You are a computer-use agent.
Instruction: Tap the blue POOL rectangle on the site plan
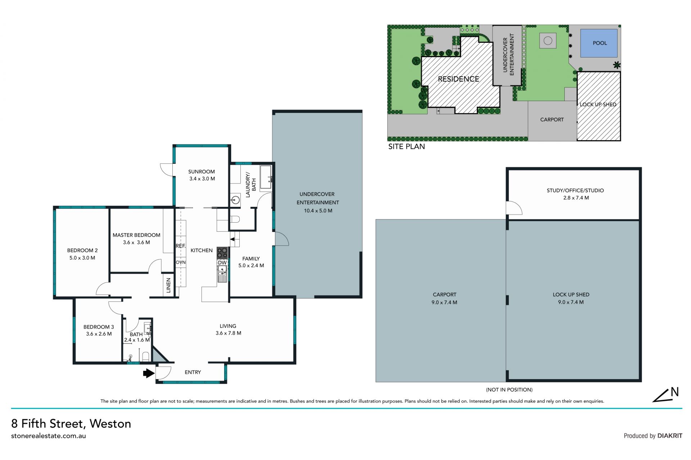click(x=599, y=43)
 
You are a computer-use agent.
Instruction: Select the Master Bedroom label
click(x=136, y=235)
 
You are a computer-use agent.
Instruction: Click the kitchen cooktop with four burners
click(x=222, y=253)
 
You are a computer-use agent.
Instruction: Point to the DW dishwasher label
click(x=222, y=263)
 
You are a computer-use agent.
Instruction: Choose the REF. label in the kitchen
click(x=181, y=246)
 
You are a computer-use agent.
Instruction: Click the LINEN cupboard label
click(x=168, y=285)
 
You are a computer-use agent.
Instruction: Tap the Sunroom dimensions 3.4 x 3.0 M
click(x=202, y=179)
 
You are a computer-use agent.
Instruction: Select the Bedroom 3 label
click(x=99, y=327)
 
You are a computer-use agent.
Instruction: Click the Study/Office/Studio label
click(x=575, y=191)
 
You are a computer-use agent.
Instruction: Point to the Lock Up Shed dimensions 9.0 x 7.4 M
click(x=571, y=302)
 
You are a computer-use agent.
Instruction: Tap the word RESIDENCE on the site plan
click(x=459, y=79)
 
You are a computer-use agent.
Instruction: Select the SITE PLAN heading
click(x=406, y=147)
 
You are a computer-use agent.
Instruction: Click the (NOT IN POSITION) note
click(x=509, y=390)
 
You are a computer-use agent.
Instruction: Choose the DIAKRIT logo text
click(x=670, y=436)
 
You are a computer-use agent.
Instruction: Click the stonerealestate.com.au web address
click(x=49, y=436)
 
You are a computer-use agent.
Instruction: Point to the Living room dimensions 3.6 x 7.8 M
click(x=229, y=333)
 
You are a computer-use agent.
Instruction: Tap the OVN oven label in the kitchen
click(x=181, y=263)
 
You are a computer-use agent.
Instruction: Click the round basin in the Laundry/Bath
click(x=235, y=200)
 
